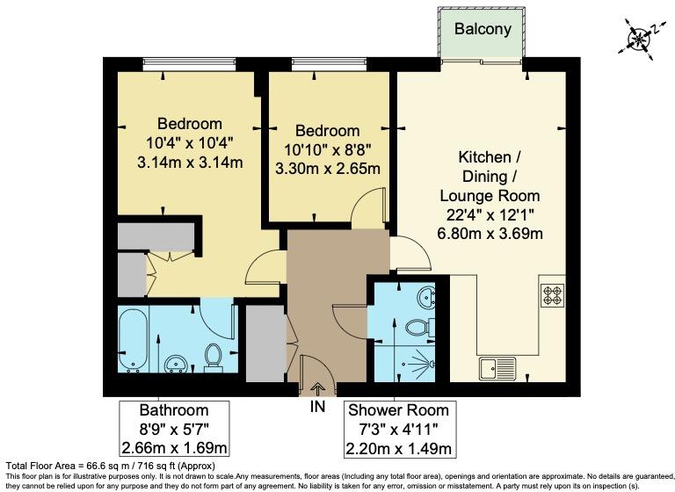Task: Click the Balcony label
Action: click(483, 29)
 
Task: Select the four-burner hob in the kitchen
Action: click(552, 297)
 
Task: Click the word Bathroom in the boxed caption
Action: click(174, 410)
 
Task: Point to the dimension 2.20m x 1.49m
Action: click(399, 449)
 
